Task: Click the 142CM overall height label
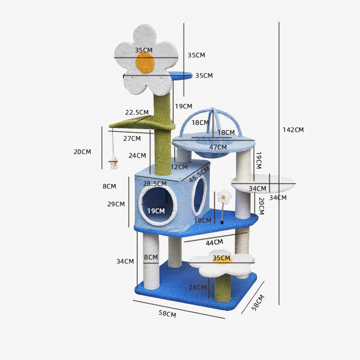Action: [x=293, y=130]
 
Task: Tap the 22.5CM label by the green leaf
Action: [x=137, y=112]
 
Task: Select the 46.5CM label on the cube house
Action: [x=199, y=174]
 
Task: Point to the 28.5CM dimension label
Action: [x=155, y=184]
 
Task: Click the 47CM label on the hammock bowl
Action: [x=218, y=147]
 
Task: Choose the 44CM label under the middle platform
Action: [x=215, y=243]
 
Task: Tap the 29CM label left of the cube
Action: [x=116, y=204]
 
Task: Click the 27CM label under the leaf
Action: [x=132, y=139]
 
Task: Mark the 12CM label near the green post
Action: [x=179, y=167]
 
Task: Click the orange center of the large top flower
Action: [x=145, y=63]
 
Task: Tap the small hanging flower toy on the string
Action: [x=114, y=162]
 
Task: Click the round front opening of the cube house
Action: [x=158, y=206]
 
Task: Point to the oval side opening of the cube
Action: [x=199, y=195]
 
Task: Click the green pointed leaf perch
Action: [x=142, y=123]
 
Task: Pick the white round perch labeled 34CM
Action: [x=263, y=184]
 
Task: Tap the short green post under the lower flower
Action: [x=223, y=288]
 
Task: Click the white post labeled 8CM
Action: [x=151, y=261]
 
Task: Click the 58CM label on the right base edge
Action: [x=258, y=302]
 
